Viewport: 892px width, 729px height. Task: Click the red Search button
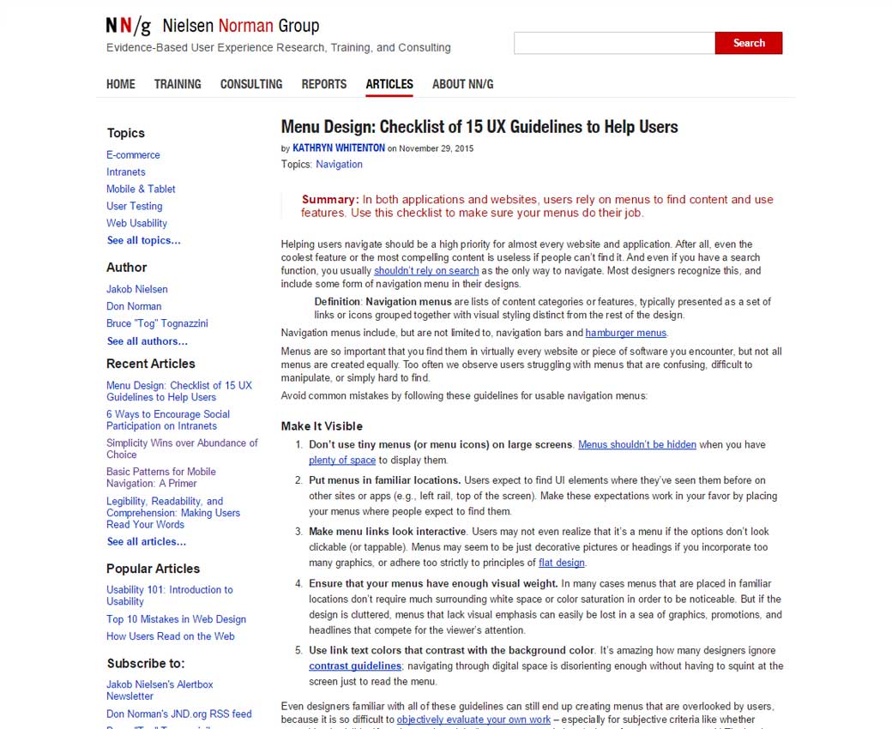(x=748, y=43)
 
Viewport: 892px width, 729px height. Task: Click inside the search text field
(x=614, y=43)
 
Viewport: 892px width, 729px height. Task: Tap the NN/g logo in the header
(x=128, y=26)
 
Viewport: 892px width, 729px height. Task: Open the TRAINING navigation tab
(x=178, y=84)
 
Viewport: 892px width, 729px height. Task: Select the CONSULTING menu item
(x=251, y=84)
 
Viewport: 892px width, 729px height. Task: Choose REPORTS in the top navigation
(x=324, y=84)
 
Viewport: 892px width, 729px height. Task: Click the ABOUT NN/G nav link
(x=462, y=84)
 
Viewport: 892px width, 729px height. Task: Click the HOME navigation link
(x=121, y=84)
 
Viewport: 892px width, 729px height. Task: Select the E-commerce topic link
(x=133, y=155)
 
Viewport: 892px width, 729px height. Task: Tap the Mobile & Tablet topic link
(x=141, y=190)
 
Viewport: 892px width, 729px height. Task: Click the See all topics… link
(x=143, y=241)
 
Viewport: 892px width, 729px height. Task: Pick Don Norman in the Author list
(x=134, y=306)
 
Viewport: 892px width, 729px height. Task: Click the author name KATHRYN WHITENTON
(x=339, y=148)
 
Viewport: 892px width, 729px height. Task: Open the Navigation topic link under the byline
(x=339, y=165)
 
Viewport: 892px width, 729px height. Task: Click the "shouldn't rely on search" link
(x=426, y=271)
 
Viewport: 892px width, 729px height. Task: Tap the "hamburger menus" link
(x=625, y=333)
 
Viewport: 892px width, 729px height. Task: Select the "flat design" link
(x=562, y=563)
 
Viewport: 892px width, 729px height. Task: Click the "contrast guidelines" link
(x=355, y=666)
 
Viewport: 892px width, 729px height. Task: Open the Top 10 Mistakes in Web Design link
(x=176, y=619)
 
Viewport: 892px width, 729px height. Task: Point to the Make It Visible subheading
(x=322, y=426)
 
